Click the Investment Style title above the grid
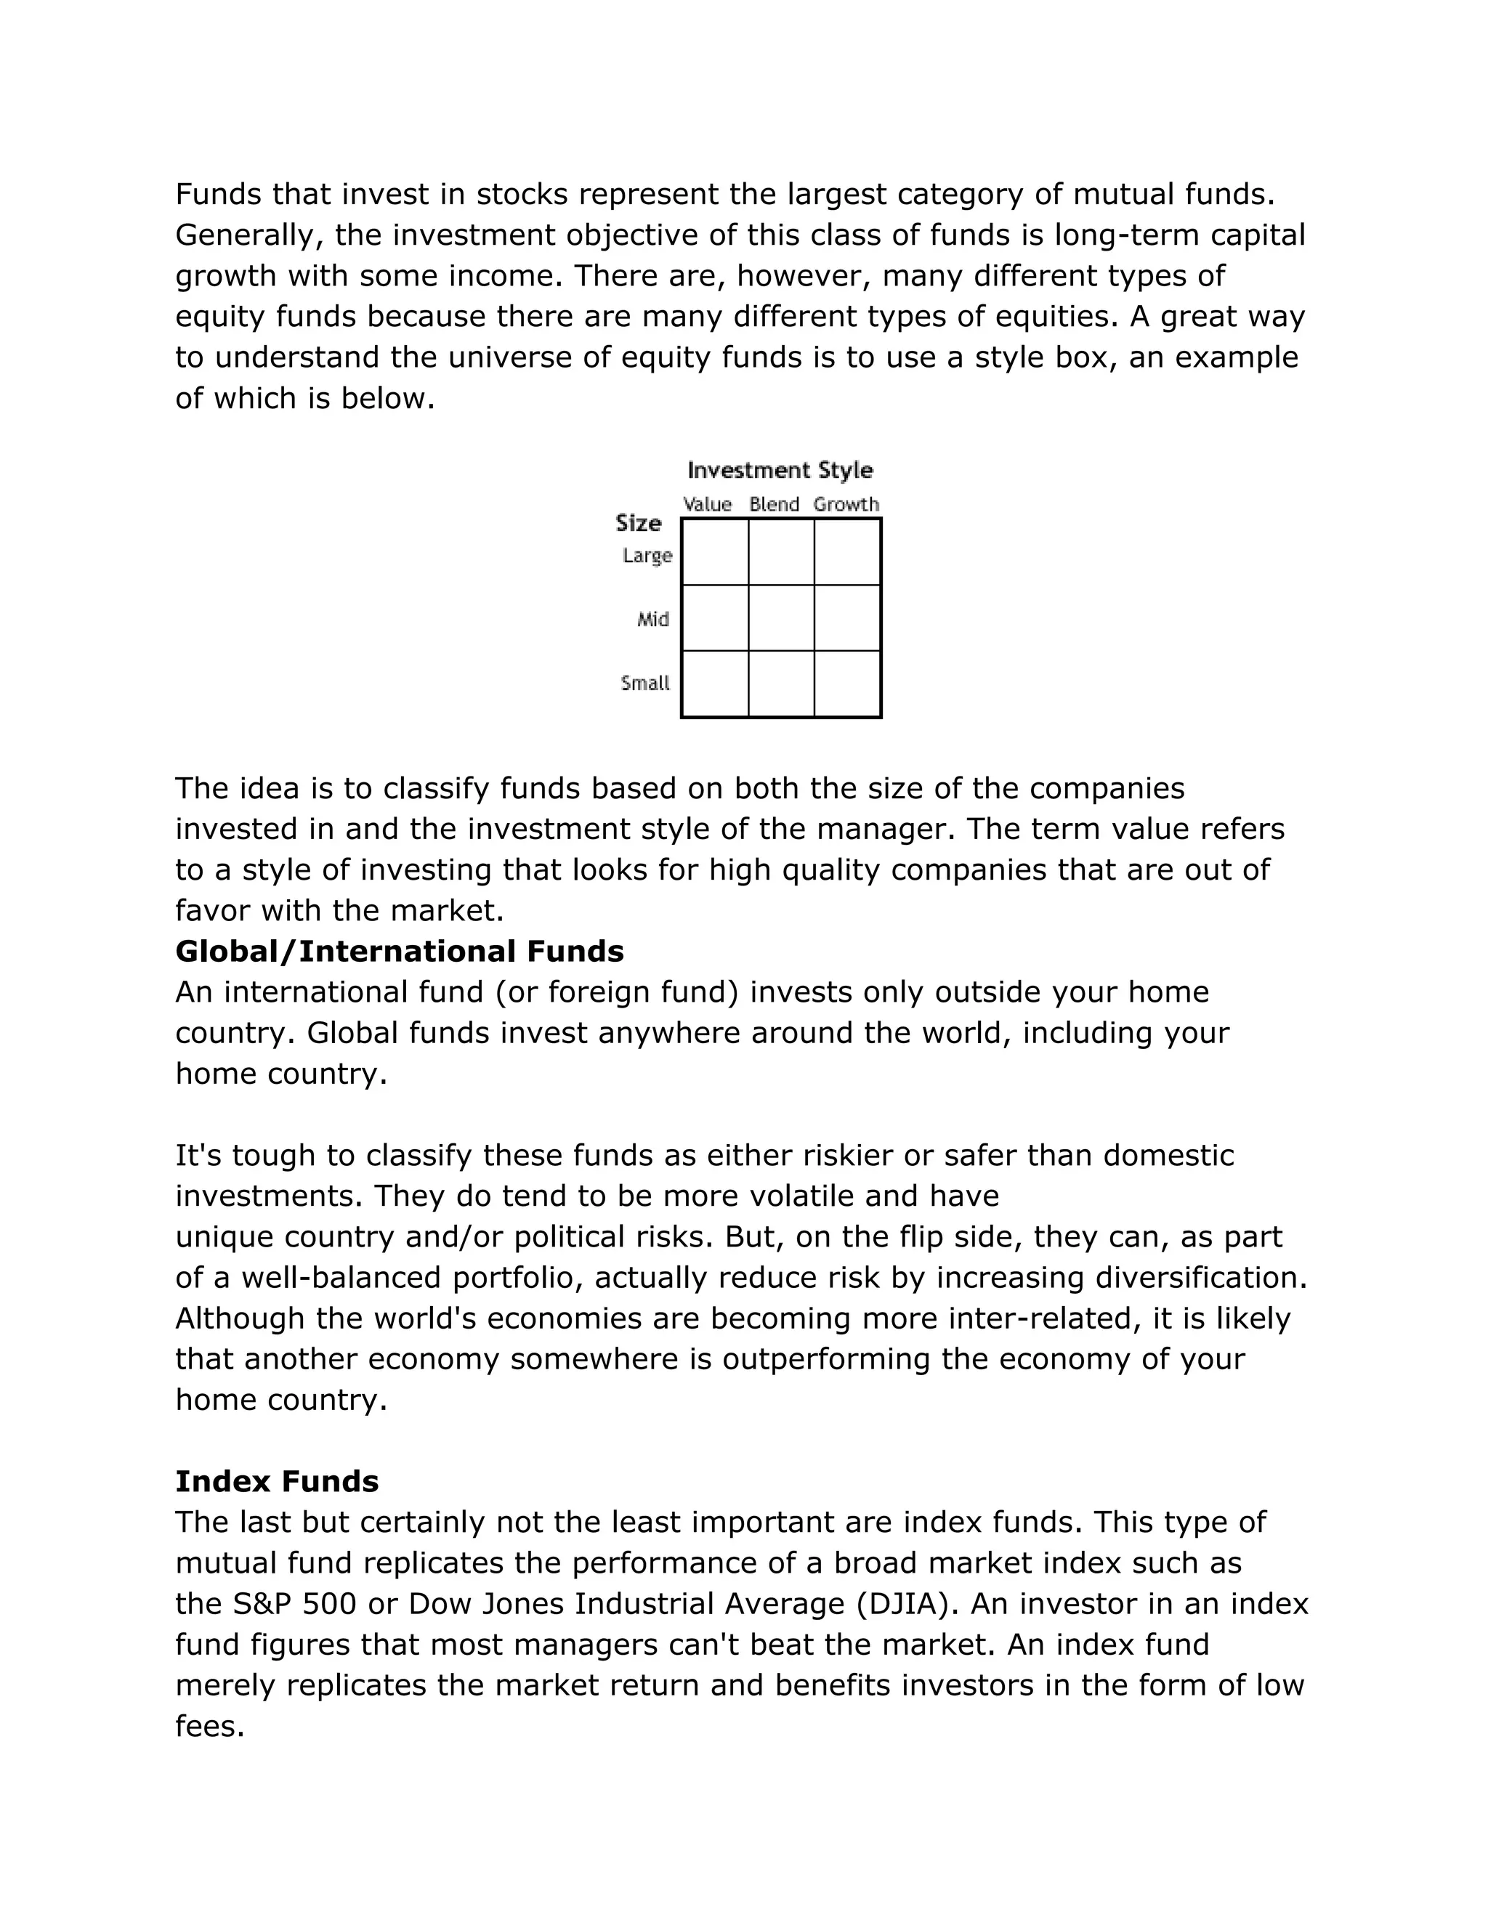tap(780, 470)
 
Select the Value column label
tap(707, 504)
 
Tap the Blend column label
tap(774, 504)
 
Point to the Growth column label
tap(846, 504)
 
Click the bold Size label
tap(638, 524)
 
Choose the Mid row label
tap(653, 620)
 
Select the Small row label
tap(645, 683)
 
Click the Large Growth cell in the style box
tap(847, 553)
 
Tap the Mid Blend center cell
tap(781, 618)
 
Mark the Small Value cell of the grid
tap(715, 684)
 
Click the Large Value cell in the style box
tap(715, 553)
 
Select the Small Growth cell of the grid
tap(847, 684)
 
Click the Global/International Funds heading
tap(400, 951)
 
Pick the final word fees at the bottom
tap(209, 1726)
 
